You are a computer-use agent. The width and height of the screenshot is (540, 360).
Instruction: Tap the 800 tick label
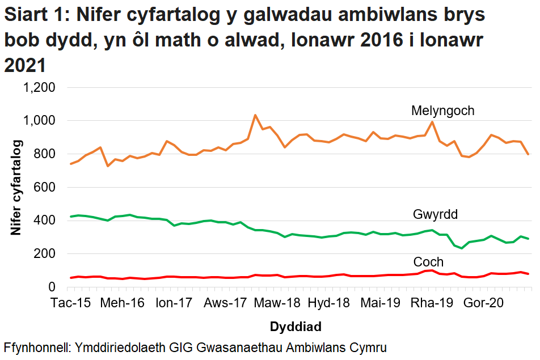pos(45,154)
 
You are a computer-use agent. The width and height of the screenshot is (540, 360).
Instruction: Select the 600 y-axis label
pos(45,188)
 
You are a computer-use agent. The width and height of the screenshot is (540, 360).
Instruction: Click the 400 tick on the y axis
pos(45,221)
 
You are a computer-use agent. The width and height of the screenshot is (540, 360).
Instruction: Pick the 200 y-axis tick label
pos(45,254)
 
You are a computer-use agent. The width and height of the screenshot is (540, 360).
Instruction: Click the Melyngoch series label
pos(442,111)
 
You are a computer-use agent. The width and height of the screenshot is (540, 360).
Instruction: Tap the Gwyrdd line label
pos(435,215)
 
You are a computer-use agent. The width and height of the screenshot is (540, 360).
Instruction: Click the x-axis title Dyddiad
pos(296,327)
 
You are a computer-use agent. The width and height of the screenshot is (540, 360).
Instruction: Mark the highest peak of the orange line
pos(255,115)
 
